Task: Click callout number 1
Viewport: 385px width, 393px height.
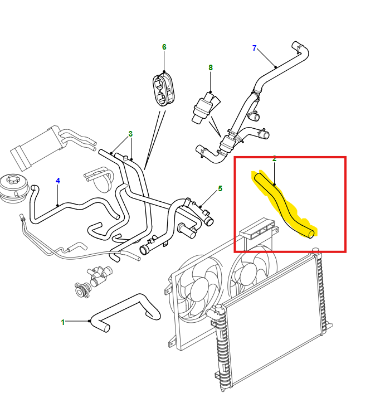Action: coord(63,322)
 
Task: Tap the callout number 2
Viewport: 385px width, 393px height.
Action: coord(274,159)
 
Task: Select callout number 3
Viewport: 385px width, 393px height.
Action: coord(130,134)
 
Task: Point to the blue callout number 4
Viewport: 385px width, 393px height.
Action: coord(58,181)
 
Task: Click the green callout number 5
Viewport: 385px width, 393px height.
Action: coord(220,189)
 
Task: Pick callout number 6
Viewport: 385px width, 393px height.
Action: coord(164,47)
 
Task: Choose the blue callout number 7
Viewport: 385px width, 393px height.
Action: coord(254,48)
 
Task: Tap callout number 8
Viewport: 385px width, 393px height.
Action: coord(211,67)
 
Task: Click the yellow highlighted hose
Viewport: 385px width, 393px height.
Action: coord(284,206)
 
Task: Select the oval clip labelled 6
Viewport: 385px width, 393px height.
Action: coord(163,89)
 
